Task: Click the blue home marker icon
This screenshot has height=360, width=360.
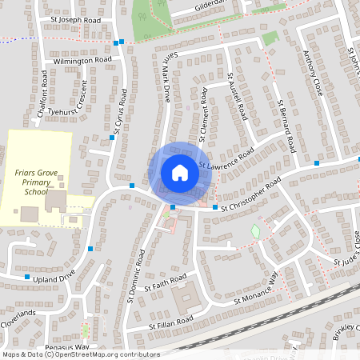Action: click(179, 173)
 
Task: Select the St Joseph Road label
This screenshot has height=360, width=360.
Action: click(76, 19)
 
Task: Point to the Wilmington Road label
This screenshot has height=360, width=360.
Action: click(82, 60)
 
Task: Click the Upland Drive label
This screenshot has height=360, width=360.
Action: click(54, 276)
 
